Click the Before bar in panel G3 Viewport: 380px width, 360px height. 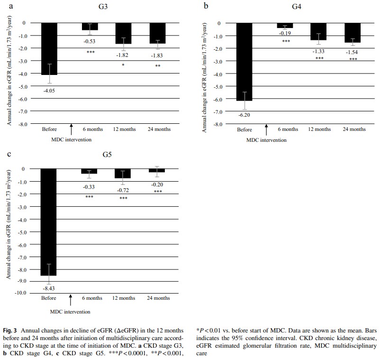50,48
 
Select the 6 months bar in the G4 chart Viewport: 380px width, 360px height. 285,26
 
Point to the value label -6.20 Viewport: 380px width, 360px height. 244,116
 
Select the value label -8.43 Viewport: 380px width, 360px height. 49,288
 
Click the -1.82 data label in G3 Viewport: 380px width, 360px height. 123,55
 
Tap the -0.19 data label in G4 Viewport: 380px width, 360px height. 285,33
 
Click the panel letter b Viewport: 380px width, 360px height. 206,6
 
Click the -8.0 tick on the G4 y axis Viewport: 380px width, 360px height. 219,124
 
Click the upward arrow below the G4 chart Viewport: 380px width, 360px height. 266,129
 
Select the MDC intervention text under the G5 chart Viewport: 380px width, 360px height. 71,312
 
